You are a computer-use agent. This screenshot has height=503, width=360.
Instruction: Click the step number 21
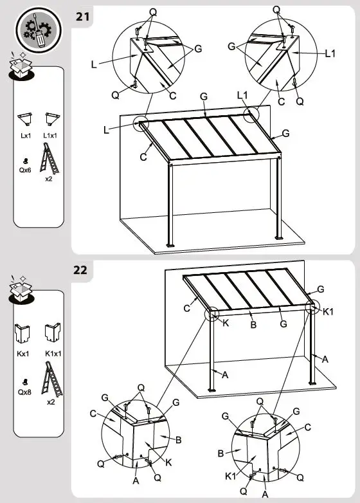pyautogui.click(x=83, y=17)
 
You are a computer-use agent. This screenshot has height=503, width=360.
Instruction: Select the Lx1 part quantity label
pyautogui.click(x=25, y=136)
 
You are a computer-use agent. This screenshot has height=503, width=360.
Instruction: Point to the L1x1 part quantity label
pyautogui.click(x=50, y=136)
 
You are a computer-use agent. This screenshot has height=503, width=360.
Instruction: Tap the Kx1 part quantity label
pyautogui.click(x=24, y=354)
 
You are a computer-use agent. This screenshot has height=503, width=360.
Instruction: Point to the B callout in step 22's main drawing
pyautogui.click(x=253, y=325)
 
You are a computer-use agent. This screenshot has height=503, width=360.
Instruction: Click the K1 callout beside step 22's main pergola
pyautogui.click(x=327, y=312)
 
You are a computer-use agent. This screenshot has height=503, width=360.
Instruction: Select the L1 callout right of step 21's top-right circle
pyautogui.click(x=330, y=54)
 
